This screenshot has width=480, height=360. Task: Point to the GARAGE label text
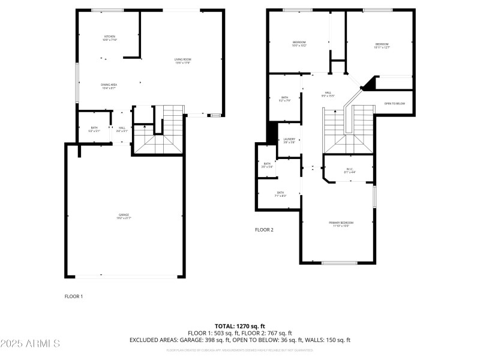click(x=124, y=216)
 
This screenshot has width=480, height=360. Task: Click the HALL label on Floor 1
click(x=122, y=129)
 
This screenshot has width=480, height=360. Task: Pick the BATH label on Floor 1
click(x=94, y=129)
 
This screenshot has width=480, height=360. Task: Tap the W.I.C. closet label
click(x=350, y=170)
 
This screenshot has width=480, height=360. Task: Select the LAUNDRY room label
click(x=289, y=141)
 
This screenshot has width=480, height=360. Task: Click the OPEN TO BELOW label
click(x=395, y=104)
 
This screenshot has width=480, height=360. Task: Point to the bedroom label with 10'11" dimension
click(x=382, y=46)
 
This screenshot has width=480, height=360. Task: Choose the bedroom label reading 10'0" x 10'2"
click(x=299, y=44)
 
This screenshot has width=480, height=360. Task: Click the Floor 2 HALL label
click(x=328, y=94)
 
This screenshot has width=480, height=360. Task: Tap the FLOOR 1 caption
click(x=74, y=296)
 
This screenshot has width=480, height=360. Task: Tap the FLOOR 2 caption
click(x=264, y=230)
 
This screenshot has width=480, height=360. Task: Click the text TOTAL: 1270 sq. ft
click(x=240, y=326)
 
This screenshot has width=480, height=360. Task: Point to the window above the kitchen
click(x=107, y=10)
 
